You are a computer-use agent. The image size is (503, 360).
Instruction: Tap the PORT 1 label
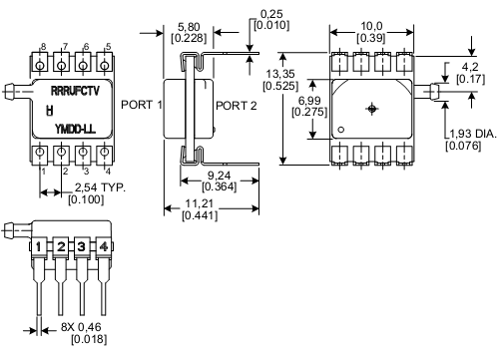[141, 104]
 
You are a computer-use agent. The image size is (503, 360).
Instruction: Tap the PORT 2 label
[236, 104]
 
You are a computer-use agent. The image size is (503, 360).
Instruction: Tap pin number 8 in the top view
[41, 46]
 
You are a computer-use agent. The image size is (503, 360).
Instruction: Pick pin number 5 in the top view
[107, 46]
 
